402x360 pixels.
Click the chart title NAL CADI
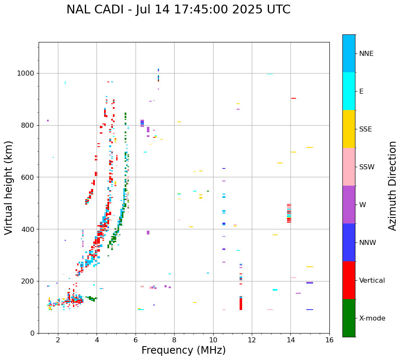click(x=178, y=10)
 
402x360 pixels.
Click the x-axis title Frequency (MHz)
click(x=183, y=350)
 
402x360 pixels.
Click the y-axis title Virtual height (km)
click(x=9, y=187)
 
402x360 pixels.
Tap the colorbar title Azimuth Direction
click(x=392, y=185)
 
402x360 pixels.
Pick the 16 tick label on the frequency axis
click(x=329, y=340)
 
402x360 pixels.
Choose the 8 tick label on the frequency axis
click(x=174, y=340)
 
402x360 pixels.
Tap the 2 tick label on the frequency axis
click(x=58, y=340)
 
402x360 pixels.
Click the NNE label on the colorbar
click(x=366, y=54)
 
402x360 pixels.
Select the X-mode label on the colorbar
click(x=372, y=318)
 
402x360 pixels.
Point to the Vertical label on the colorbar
click(x=372, y=281)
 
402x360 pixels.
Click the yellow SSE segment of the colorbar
click(x=349, y=129)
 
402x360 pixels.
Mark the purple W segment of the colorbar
click(x=349, y=205)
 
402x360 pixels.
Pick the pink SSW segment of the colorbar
click(x=349, y=167)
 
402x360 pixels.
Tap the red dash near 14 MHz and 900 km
click(x=293, y=98)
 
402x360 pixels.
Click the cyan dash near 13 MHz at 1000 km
click(x=270, y=74)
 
